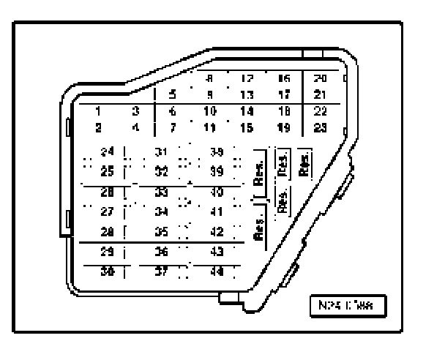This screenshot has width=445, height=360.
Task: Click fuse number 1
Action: click(x=97, y=111)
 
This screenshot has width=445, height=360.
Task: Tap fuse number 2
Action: click(x=97, y=126)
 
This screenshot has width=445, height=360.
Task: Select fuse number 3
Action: click(x=135, y=111)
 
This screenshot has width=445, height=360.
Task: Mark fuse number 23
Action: click(x=320, y=126)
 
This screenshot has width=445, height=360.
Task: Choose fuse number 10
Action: click(x=209, y=111)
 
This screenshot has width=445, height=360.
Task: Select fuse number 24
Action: click(x=108, y=152)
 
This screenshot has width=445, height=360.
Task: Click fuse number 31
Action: click(x=163, y=152)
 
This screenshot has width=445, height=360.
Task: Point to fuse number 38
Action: click(x=217, y=152)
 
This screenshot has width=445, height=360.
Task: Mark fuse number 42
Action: click(x=217, y=232)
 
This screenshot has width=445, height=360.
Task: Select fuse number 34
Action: click(x=163, y=212)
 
